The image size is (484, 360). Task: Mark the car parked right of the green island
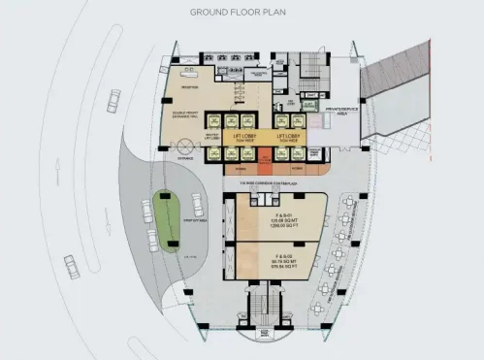click(197, 203)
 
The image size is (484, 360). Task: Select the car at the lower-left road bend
click(71, 263)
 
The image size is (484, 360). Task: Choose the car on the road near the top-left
click(114, 98)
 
